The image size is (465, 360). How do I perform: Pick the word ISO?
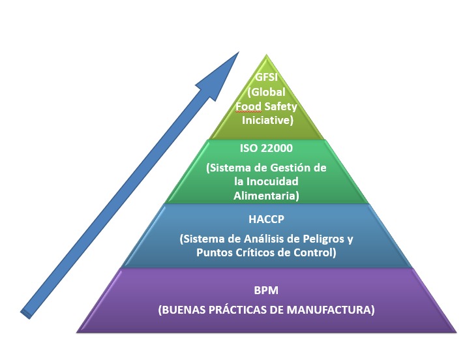click(x=248, y=148)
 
